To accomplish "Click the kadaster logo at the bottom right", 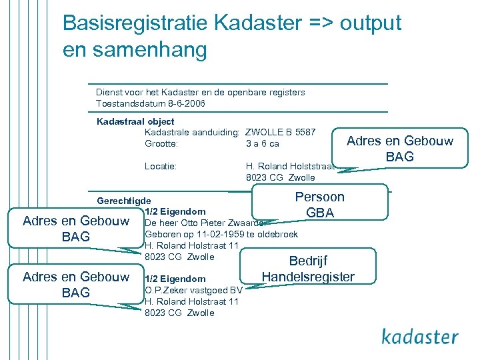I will click(x=420, y=336).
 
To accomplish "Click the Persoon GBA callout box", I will click(x=319, y=205).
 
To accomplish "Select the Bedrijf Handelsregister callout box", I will click(x=308, y=269).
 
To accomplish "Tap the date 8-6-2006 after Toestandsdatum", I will click(x=187, y=104).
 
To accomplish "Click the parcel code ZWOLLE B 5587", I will click(x=281, y=132).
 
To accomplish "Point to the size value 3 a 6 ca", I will click(x=263, y=143).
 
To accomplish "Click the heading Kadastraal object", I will click(x=135, y=121).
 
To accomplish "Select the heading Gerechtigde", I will click(x=124, y=201).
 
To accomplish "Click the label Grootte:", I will click(x=161, y=143).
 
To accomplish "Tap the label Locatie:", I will click(x=161, y=166).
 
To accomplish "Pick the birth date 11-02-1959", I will click(x=221, y=234).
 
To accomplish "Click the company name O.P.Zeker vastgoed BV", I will click(x=193, y=290).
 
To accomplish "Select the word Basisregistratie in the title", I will click(x=135, y=23).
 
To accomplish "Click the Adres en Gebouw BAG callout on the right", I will click(x=399, y=149).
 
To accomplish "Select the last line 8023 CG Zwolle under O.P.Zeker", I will click(x=179, y=313).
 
